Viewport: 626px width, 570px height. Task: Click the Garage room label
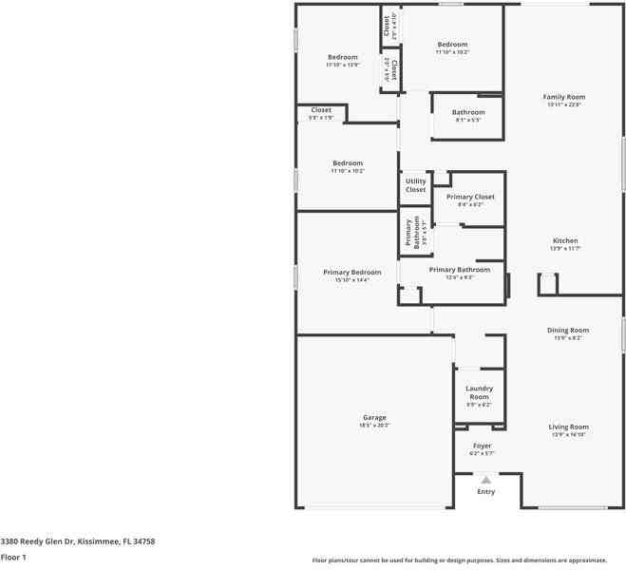click(x=374, y=418)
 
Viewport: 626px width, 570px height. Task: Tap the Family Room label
click(x=563, y=97)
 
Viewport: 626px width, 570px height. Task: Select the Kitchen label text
click(x=565, y=241)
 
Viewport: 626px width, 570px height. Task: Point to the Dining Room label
click(x=568, y=331)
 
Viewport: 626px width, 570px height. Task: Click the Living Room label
click(x=568, y=427)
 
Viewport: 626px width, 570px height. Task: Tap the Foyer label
click(x=482, y=446)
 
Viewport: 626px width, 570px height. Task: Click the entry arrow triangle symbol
click(x=485, y=480)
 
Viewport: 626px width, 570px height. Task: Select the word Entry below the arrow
click(x=485, y=492)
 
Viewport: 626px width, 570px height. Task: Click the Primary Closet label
click(x=470, y=197)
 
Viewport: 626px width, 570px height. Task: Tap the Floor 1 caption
click(x=13, y=557)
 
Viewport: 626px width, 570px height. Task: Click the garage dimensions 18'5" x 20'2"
click(x=374, y=426)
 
